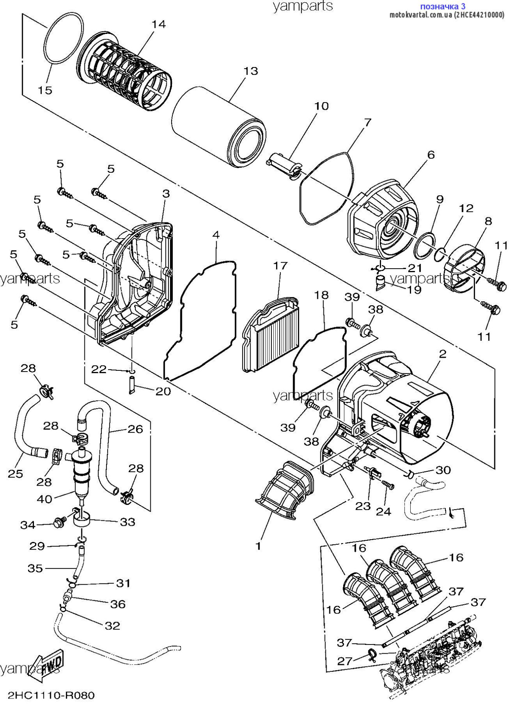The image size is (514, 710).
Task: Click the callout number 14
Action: coord(159,24)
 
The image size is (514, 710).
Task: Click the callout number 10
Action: coord(321,106)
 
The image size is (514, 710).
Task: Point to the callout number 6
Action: coord(431,155)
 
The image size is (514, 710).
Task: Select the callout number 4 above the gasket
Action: coord(216,235)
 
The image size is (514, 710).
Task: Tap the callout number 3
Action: coord(166,194)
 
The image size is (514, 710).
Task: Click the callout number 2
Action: coord(442,354)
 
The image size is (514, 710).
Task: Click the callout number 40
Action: coord(44,499)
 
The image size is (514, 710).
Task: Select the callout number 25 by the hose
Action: coord(16,473)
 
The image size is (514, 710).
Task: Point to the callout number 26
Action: coord(135,429)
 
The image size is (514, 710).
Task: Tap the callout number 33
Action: coord(127,522)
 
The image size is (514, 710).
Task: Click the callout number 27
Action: coord(344,661)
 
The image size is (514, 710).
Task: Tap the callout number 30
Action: coord(443,470)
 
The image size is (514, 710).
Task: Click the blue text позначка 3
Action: coord(443,6)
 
